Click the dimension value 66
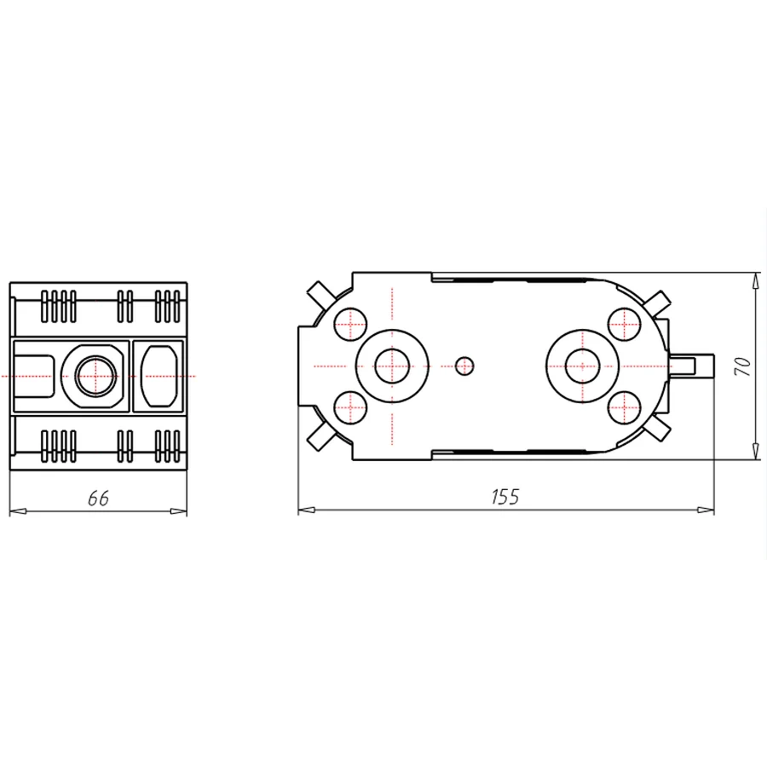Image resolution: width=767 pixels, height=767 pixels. point(99,499)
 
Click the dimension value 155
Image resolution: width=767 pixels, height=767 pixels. point(505,497)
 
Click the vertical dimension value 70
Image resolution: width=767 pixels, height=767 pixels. point(743,367)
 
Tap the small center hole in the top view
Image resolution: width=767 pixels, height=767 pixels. point(464,366)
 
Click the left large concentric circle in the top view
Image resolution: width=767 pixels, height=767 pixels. point(391,366)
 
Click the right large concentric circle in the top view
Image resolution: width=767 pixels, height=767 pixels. point(581,366)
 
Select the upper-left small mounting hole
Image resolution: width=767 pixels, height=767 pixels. point(349,323)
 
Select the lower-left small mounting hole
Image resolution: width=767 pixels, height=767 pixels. point(349,408)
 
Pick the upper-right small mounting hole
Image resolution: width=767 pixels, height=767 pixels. point(624,323)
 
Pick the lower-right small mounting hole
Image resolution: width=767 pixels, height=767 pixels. point(624,408)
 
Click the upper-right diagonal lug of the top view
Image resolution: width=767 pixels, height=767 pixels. point(658,300)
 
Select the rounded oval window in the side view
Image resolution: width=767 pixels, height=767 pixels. point(159,375)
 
